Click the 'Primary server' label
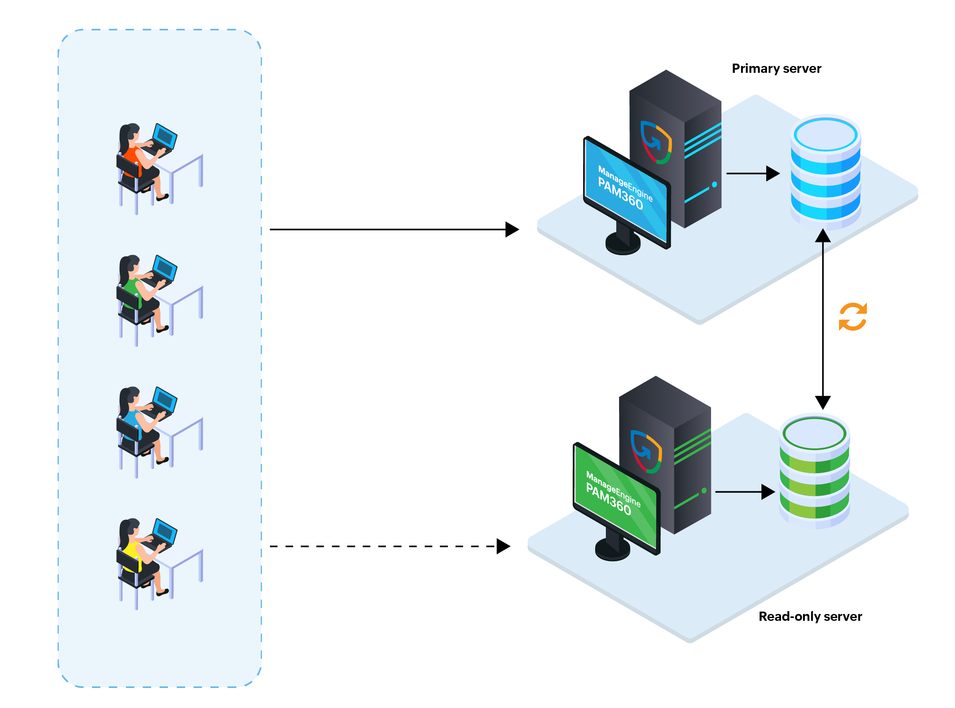tap(776, 68)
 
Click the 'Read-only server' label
tap(810, 616)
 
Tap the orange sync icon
tap(852, 317)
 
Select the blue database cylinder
tap(825, 172)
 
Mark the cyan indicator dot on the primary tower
tap(714, 184)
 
